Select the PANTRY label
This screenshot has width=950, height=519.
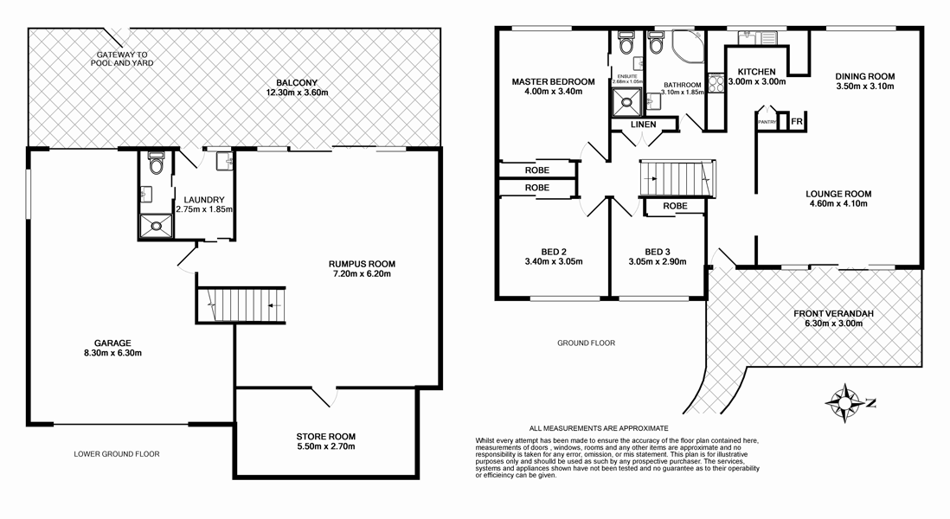(x=767, y=123)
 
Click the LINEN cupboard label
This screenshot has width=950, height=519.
(x=643, y=125)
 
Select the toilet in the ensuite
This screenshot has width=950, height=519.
(x=626, y=42)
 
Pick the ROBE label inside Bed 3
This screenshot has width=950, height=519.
(x=676, y=206)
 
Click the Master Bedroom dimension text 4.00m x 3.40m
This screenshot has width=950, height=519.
(x=553, y=91)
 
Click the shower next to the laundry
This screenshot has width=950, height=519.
(x=156, y=227)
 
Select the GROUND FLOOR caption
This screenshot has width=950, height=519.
(x=586, y=343)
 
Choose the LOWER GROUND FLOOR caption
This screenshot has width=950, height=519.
(x=117, y=453)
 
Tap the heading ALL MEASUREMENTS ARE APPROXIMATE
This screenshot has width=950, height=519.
(x=599, y=428)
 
